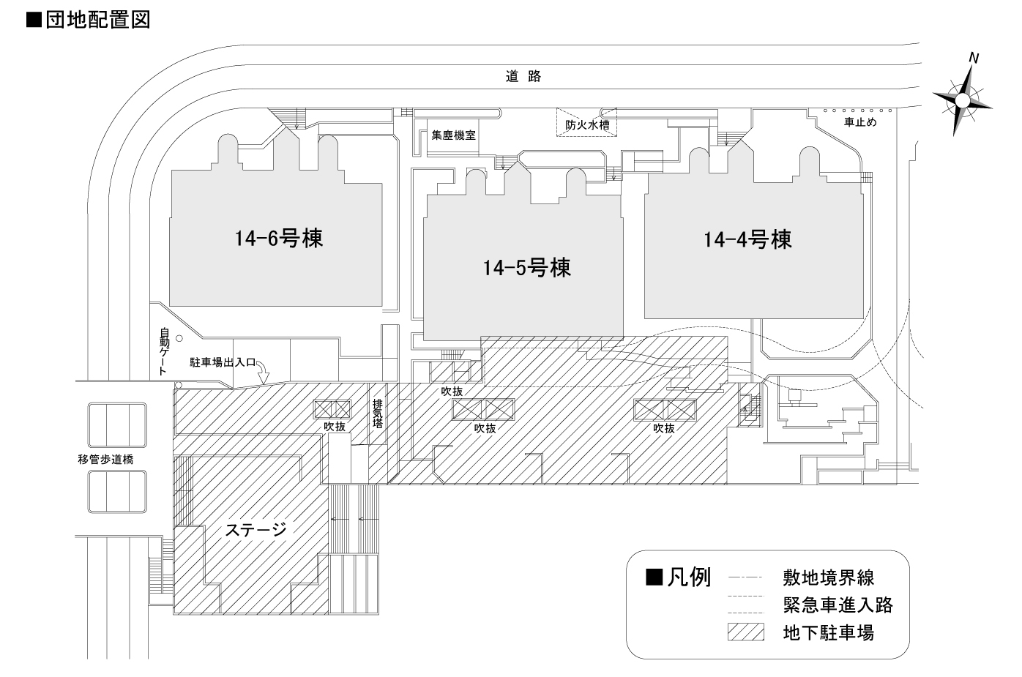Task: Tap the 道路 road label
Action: [x=523, y=76]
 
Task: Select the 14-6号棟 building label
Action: [x=279, y=239]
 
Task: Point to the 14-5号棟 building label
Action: [x=526, y=268]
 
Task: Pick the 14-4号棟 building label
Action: [x=747, y=239]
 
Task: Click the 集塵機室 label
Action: [x=453, y=135]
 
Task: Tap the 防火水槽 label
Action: [x=587, y=124]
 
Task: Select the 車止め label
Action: [x=860, y=122]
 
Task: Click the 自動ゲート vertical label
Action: [x=165, y=352]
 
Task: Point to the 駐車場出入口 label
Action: [x=222, y=362]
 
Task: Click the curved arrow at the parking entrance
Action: [x=263, y=373]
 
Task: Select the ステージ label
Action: [x=255, y=529]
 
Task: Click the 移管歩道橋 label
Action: [x=105, y=460]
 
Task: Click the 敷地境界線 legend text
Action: [x=828, y=578]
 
